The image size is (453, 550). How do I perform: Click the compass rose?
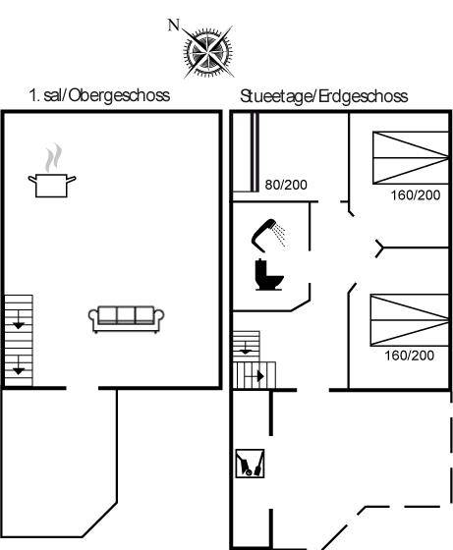click(207, 52)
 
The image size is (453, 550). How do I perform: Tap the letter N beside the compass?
click(174, 26)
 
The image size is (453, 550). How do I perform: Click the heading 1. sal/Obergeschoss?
click(99, 95)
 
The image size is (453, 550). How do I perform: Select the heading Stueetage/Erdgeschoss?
click(324, 96)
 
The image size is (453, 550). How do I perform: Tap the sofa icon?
click(126, 319)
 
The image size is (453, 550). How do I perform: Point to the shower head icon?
click(268, 235)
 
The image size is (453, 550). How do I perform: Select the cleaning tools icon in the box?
click(250, 463)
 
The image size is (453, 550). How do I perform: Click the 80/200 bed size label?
click(286, 185)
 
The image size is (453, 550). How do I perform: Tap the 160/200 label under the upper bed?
click(416, 195)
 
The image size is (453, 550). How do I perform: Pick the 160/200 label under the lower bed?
click(409, 356)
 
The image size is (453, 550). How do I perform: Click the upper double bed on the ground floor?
click(411, 158)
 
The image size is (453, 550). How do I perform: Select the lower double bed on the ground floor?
click(410, 320)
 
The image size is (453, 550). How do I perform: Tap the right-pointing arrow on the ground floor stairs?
click(260, 376)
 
